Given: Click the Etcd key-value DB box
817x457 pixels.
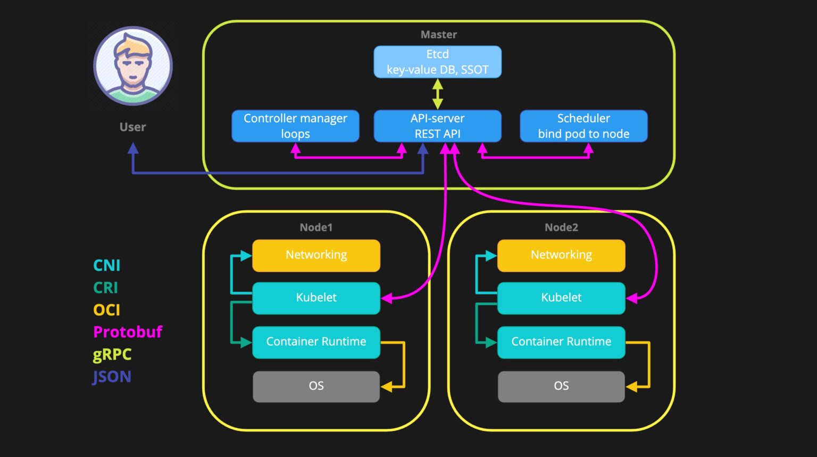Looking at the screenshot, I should click(437, 62).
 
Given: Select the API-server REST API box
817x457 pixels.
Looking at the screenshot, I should click(437, 126).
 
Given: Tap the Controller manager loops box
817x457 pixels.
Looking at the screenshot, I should click(295, 126).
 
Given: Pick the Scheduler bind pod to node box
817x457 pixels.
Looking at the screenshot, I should click(583, 126).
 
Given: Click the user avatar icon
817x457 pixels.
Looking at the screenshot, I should click(133, 66).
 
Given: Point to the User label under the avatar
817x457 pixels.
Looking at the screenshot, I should click(132, 127).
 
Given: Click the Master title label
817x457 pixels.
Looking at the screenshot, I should click(438, 35).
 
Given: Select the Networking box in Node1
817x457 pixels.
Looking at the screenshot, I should click(316, 255).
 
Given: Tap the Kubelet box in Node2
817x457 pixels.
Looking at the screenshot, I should click(561, 298).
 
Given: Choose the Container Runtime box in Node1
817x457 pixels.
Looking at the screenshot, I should click(316, 342).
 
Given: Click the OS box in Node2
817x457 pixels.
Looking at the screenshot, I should click(561, 386).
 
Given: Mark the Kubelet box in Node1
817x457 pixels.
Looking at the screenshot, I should click(316, 298).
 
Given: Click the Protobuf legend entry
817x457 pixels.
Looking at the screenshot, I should click(128, 332).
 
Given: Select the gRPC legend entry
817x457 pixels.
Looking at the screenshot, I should click(112, 354).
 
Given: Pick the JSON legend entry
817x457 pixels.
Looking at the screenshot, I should click(112, 377).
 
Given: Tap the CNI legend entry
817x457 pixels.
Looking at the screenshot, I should click(106, 265).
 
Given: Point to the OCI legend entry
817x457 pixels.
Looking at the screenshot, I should click(106, 309).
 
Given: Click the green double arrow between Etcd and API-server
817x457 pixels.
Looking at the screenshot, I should click(437, 94).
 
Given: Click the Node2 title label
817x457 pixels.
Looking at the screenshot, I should click(561, 227).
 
